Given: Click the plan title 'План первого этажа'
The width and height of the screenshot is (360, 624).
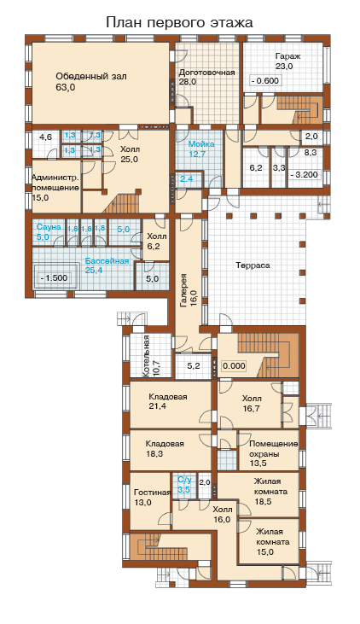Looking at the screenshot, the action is coord(179,23).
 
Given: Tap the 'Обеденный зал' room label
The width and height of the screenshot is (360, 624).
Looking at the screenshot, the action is coord(91,76).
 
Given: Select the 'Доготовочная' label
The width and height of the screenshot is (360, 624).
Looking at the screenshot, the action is coord(206,73).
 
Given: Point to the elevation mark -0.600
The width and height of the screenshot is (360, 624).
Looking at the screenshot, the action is coord(265,81).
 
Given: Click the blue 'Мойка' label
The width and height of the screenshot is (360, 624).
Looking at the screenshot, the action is coord(201,143).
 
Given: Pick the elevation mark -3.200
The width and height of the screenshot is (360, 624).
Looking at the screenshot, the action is coord(305,174).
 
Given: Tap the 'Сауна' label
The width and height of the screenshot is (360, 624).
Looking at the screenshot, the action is coord(49,227).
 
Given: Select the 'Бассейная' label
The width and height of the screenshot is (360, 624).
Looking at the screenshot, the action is coord(107,261).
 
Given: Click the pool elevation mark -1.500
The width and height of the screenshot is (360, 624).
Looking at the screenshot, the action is coord(54,277).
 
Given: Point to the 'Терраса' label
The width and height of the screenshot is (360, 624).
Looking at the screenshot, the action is coord(253,265).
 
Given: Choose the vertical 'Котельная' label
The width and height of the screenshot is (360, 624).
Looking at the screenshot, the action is coord(147,355).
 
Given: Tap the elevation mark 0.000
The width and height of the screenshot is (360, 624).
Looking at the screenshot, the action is coord(235,365).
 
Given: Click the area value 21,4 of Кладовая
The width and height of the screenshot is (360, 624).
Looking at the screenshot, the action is coord(157,406).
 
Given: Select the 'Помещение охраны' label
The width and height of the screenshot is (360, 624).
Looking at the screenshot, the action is coord(274,449).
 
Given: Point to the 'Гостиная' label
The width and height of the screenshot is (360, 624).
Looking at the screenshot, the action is coord(153,493).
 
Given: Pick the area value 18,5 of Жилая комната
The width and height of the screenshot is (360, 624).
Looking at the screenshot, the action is coord(264,501).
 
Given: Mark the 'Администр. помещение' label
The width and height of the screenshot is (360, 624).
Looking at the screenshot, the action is coord(55,183).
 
